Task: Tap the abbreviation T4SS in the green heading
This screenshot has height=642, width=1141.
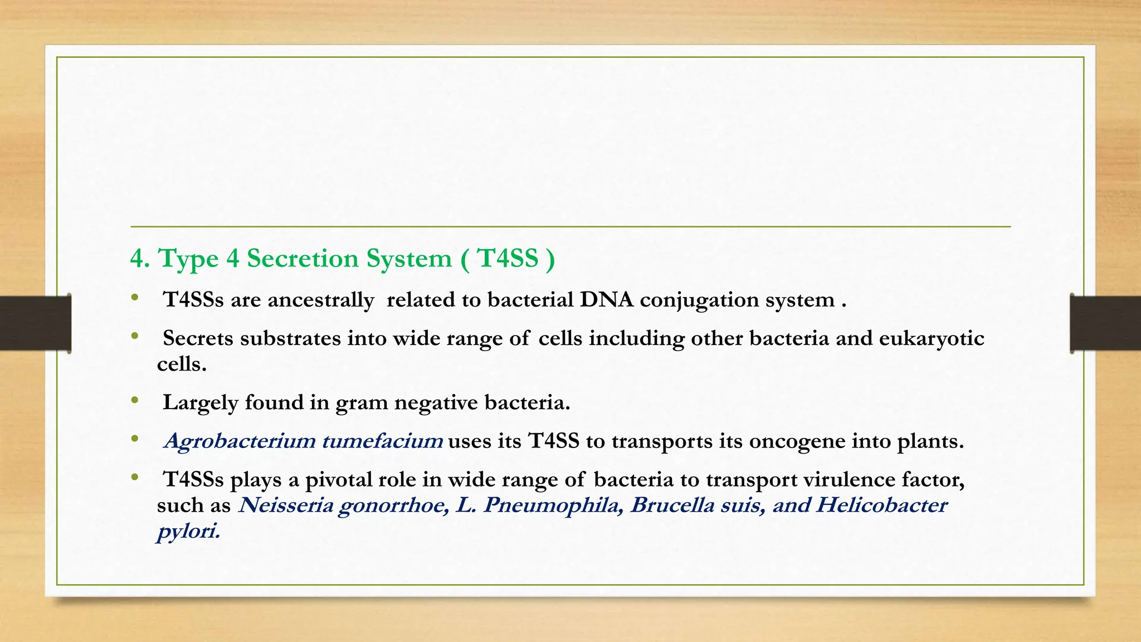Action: [x=508, y=259]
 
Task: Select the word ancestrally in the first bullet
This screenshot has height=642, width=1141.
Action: [x=321, y=300]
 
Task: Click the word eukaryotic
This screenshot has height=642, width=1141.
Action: [x=932, y=339]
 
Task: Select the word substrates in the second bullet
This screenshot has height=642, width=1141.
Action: [x=290, y=338]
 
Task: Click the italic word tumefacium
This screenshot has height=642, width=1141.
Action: [x=383, y=441]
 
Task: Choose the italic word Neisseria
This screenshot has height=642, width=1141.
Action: [x=286, y=505]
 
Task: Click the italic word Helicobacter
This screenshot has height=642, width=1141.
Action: [x=881, y=505]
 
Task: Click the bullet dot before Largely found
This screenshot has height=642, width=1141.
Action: [x=134, y=400]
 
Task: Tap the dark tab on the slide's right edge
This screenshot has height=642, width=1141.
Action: [x=1105, y=323]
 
